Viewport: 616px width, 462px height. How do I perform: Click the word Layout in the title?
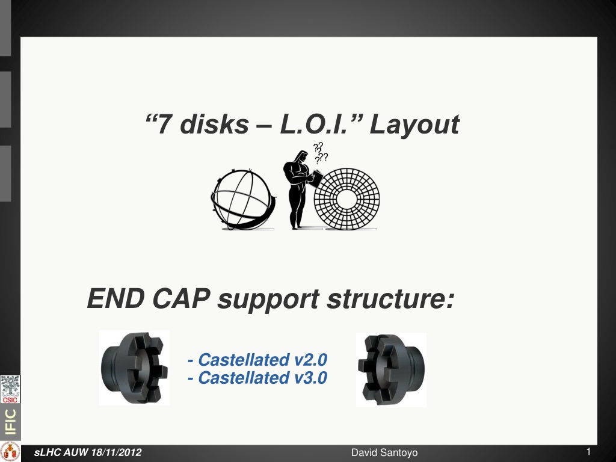(x=414, y=125)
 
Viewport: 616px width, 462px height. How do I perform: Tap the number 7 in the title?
(x=164, y=124)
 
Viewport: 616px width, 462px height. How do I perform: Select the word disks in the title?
(x=215, y=124)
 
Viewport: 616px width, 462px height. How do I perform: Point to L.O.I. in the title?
(x=314, y=124)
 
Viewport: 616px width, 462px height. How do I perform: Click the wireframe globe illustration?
(x=243, y=199)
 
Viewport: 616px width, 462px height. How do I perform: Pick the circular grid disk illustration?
(x=346, y=199)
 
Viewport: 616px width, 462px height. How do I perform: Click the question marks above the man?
(x=320, y=153)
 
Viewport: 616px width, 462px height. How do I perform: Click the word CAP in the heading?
(x=181, y=298)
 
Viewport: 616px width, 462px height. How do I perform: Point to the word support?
(x=268, y=300)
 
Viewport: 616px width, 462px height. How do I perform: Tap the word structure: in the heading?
(x=390, y=299)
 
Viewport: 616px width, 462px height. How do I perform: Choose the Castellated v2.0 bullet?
(x=257, y=360)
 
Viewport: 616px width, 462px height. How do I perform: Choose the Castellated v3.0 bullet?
(x=257, y=378)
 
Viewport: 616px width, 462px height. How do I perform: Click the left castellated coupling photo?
(x=134, y=368)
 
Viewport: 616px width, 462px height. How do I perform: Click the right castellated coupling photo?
(x=391, y=370)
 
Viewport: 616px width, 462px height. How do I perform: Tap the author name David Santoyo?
(x=384, y=452)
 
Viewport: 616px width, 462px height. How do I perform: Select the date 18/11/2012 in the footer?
(x=116, y=452)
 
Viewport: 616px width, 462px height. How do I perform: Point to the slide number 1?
(x=588, y=451)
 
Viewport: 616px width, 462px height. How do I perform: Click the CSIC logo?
(x=10, y=389)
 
